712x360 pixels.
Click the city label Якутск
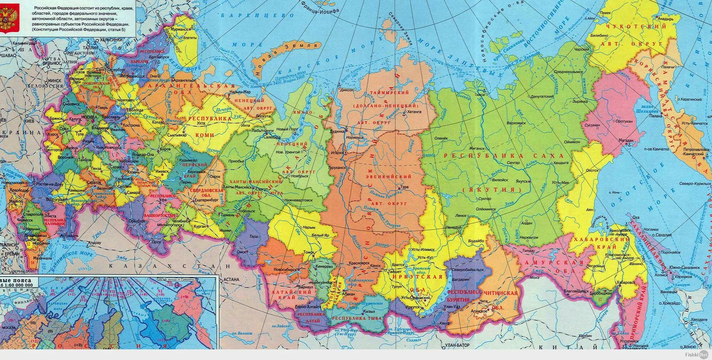click(520, 181)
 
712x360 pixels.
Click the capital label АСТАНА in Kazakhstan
click(232, 280)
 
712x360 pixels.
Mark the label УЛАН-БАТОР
click(457, 345)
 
